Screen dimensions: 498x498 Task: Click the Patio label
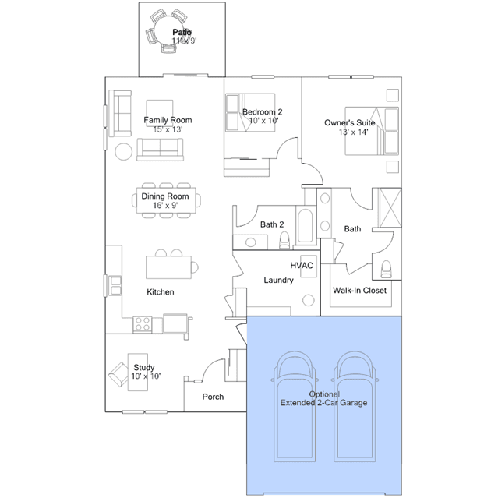tap(182, 32)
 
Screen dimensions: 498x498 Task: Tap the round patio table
tap(169, 30)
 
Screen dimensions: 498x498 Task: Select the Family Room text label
tap(168, 120)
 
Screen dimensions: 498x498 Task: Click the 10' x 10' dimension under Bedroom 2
tap(263, 121)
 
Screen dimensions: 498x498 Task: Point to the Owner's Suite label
tap(349, 122)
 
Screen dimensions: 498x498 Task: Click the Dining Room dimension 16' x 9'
tap(165, 206)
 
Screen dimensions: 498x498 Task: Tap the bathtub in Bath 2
tap(306, 226)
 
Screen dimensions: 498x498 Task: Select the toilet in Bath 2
tap(284, 240)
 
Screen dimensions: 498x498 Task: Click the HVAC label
tap(302, 265)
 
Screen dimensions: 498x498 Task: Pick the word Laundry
tap(278, 280)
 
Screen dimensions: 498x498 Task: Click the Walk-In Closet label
tap(359, 290)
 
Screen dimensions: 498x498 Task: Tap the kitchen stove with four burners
tap(143, 324)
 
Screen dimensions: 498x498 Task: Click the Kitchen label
tap(161, 292)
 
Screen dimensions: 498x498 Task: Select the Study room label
tap(144, 368)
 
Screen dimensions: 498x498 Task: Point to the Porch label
tap(213, 397)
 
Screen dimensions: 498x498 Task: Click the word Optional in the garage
tap(324, 394)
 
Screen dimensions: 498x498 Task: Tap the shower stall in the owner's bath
tap(390, 208)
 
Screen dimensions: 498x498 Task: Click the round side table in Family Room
tap(124, 151)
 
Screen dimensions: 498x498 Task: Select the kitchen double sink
tap(115, 285)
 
